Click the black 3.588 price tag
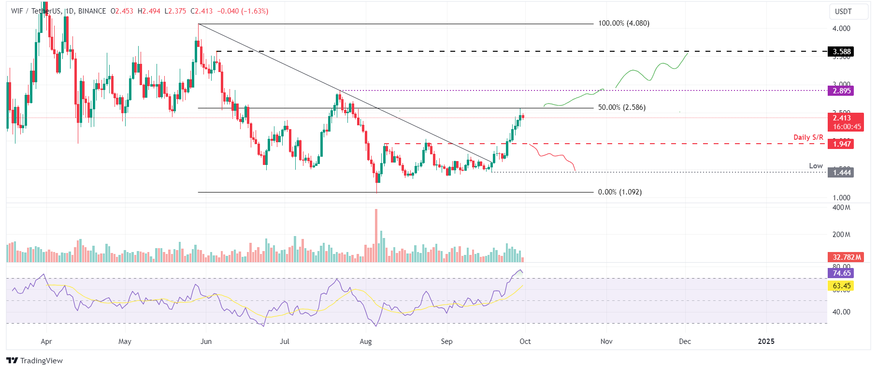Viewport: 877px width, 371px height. click(x=841, y=52)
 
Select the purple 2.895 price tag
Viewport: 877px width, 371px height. click(x=841, y=91)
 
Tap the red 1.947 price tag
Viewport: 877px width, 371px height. click(x=841, y=144)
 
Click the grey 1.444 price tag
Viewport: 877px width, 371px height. click(x=841, y=173)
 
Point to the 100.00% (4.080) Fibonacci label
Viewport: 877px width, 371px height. click(x=623, y=23)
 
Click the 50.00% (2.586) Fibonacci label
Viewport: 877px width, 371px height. click(x=621, y=107)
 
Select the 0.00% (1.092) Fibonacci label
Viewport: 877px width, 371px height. click(x=619, y=192)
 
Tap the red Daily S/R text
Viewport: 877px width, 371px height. click(x=808, y=137)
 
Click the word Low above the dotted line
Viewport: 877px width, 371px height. click(x=816, y=166)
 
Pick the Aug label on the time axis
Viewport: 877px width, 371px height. click(x=366, y=341)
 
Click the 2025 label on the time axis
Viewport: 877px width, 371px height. click(x=766, y=341)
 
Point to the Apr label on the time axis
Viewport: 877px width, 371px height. click(x=46, y=341)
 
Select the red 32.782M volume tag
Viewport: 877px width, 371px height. click(x=847, y=257)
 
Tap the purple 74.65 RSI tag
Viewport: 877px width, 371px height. click(x=841, y=273)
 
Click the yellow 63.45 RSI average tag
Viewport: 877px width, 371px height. click(x=841, y=286)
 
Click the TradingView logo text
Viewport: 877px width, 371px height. click(x=41, y=361)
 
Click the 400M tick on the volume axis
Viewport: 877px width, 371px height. click(x=841, y=208)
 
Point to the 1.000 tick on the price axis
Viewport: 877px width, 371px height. click(x=841, y=198)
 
